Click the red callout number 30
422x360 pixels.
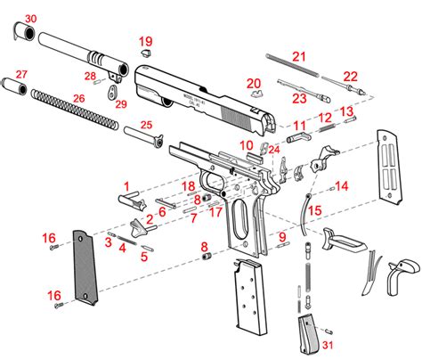(x=30, y=18)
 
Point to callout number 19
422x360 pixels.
(x=145, y=42)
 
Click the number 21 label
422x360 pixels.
(x=299, y=57)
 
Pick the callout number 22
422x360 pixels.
(x=350, y=77)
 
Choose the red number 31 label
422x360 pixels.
(x=329, y=345)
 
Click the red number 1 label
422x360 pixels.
(x=127, y=190)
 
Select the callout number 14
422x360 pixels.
(x=341, y=185)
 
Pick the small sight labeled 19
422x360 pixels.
(x=143, y=53)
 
